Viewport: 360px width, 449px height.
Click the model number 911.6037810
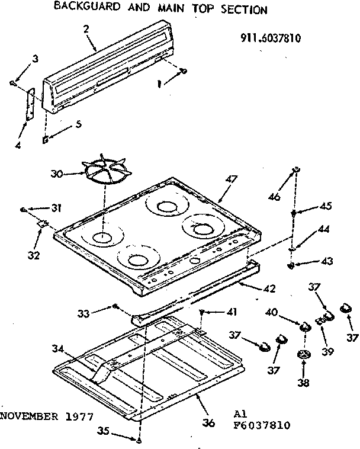tap(271, 39)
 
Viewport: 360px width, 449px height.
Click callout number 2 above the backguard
tap(87, 29)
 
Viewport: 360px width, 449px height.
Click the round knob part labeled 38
tap(304, 355)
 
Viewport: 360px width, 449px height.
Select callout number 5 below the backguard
tap(78, 124)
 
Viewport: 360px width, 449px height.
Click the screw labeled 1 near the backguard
tap(183, 72)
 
